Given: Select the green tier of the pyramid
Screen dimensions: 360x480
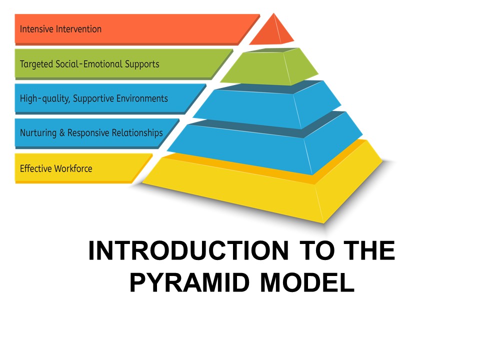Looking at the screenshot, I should point(270,67).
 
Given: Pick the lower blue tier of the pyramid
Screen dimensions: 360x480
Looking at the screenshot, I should point(265,145).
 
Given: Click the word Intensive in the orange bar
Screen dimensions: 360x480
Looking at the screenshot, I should point(35,29).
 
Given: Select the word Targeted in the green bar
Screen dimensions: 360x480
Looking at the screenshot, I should point(36,64).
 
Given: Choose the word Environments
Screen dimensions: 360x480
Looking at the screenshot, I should point(142,98).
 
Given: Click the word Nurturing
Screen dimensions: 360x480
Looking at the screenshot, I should point(38,133).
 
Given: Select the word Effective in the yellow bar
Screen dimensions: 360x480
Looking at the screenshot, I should point(34,168).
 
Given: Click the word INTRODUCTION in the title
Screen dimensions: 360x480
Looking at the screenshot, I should point(188,251).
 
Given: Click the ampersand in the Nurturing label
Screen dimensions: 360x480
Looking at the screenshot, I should point(62,133).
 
